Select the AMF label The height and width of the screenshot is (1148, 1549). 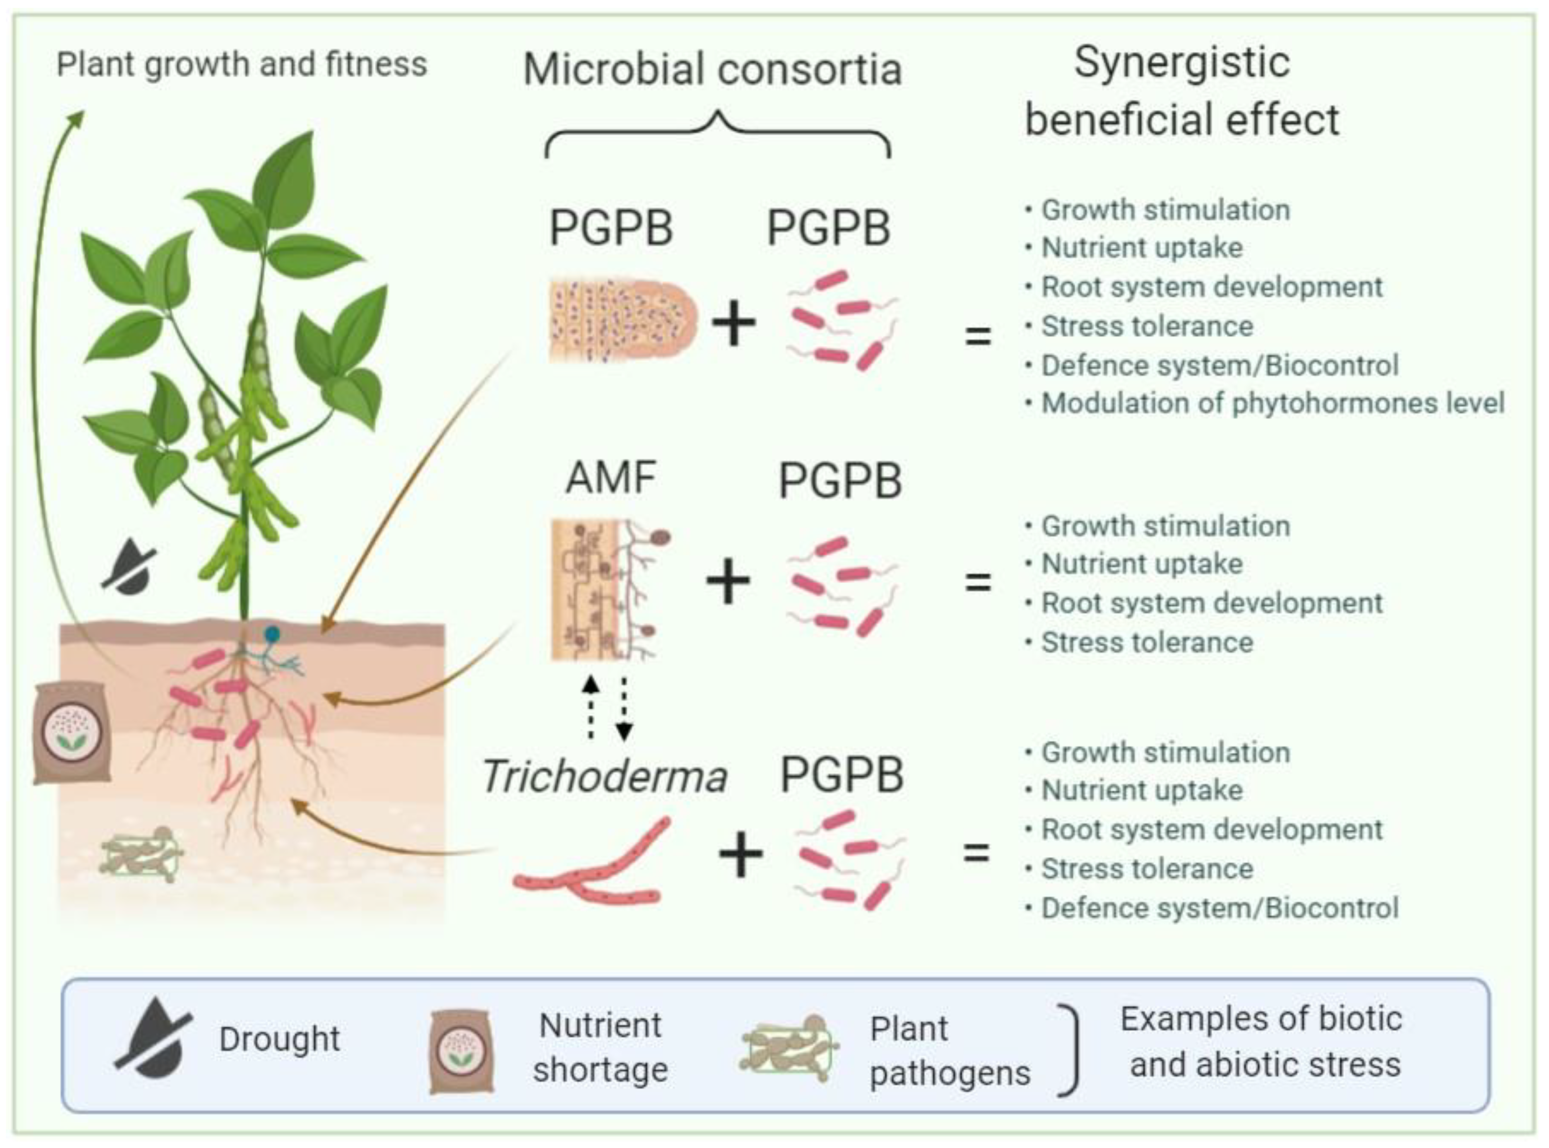tap(611, 477)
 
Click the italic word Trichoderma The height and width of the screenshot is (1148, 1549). tap(604, 776)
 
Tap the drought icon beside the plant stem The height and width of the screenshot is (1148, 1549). tap(130, 566)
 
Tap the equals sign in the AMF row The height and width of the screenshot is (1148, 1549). tap(978, 581)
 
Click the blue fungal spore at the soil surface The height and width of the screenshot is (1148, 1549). tap(272, 633)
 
